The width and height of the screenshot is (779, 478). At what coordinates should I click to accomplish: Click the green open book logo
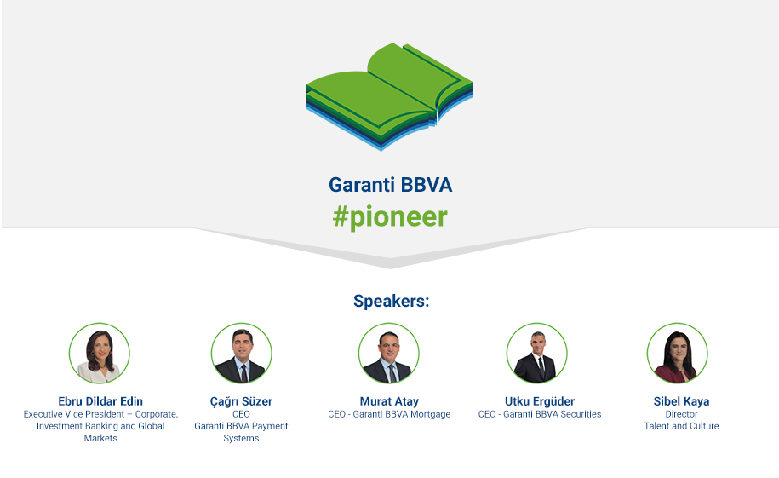pyautogui.click(x=390, y=96)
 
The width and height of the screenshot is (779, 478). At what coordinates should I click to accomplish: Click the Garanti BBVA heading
pyautogui.click(x=391, y=185)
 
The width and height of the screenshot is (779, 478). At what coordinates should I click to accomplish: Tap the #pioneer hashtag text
pyautogui.click(x=390, y=217)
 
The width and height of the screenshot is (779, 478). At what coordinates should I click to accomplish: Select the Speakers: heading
pyautogui.click(x=391, y=301)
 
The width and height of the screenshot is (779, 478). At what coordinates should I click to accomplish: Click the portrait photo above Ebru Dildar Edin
pyautogui.click(x=100, y=353)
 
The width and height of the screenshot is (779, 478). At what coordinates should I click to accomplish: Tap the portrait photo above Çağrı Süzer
pyautogui.click(x=242, y=353)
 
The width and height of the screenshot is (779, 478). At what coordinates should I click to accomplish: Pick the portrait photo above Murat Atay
pyautogui.click(x=389, y=353)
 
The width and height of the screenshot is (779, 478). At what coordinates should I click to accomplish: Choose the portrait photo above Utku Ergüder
pyautogui.click(x=537, y=353)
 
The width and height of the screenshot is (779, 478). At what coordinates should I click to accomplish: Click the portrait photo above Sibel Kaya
pyautogui.click(x=678, y=353)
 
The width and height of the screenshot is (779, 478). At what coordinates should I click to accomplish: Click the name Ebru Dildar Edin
pyautogui.click(x=100, y=401)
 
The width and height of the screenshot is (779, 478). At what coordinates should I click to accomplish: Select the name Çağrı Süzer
pyautogui.click(x=242, y=401)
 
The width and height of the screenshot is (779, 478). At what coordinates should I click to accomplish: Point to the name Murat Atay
pyautogui.click(x=390, y=401)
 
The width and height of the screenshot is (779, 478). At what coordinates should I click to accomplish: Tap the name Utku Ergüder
pyautogui.click(x=540, y=401)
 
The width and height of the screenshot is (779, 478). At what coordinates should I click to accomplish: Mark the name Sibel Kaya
pyautogui.click(x=682, y=401)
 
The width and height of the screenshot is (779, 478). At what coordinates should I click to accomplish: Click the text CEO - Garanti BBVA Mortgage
pyautogui.click(x=390, y=414)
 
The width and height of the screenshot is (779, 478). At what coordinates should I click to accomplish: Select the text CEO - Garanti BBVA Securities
pyautogui.click(x=540, y=414)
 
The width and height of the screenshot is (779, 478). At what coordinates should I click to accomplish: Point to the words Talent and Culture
pyautogui.click(x=682, y=426)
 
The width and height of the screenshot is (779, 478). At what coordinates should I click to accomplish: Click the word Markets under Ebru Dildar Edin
pyautogui.click(x=100, y=438)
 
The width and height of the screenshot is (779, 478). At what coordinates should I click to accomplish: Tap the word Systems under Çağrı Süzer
pyautogui.click(x=242, y=438)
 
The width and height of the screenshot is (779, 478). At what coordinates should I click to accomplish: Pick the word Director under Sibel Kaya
pyautogui.click(x=682, y=414)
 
